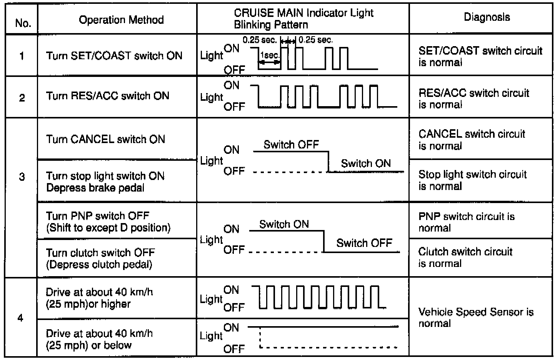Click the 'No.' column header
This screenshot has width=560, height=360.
(x=23, y=23)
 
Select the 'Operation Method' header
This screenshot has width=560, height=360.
(x=121, y=20)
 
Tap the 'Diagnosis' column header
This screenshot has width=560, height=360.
(x=487, y=17)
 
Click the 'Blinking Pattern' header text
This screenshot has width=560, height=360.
(x=271, y=25)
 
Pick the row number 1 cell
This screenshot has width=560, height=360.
(x=22, y=56)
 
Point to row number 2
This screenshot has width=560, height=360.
(x=22, y=98)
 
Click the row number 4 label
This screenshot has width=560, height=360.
(x=21, y=318)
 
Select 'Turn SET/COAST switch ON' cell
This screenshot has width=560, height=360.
(x=114, y=56)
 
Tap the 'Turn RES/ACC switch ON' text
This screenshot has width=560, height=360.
(x=107, y=96)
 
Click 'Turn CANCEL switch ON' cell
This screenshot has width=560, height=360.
(x=105, y=139)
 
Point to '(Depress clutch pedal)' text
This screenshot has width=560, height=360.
(x=99, y=264)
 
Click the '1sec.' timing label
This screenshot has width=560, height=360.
(x=270, y=55)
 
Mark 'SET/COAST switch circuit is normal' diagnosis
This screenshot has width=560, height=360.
(x=480, y=56)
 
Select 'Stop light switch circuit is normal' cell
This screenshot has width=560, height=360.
(x=472, y=180)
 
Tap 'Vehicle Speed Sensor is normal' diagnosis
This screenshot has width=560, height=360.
(x=475, y=317)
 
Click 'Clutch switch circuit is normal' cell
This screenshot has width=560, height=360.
(x=465, y=257)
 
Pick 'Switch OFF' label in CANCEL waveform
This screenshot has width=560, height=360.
(x=291, y=145)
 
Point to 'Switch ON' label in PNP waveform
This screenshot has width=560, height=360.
(x=284, y=224)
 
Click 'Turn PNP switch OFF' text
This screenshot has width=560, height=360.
(x=97, y=216)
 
